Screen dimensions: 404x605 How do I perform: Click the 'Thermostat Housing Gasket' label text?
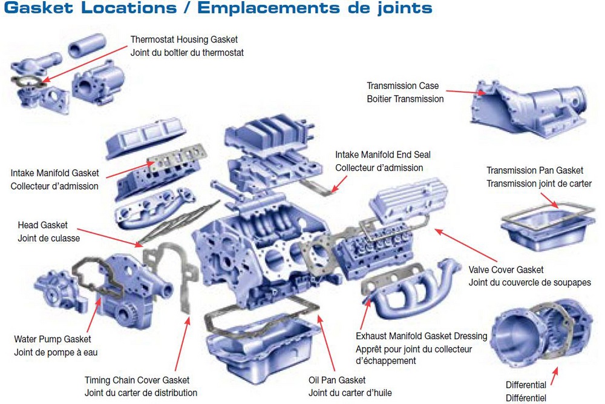(x=184, y=40)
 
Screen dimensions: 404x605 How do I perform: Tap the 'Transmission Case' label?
(x=402, y=86)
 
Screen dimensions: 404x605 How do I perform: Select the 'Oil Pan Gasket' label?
(x=337, y=380)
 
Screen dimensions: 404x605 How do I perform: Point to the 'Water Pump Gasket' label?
(x=52, y=339)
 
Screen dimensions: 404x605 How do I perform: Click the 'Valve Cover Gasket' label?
(x=506, y=270)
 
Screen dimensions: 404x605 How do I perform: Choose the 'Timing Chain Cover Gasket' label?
(x=137, y=380)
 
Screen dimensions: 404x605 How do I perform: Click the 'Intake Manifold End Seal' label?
(x=383, y=155)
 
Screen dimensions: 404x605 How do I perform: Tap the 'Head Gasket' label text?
(x=42, y=225)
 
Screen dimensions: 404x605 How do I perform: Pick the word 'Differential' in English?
(x=526, y=385)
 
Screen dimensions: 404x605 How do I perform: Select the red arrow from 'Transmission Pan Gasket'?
(x=551, y=199)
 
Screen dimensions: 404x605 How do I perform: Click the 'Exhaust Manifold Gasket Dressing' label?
(x=421, y=336)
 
